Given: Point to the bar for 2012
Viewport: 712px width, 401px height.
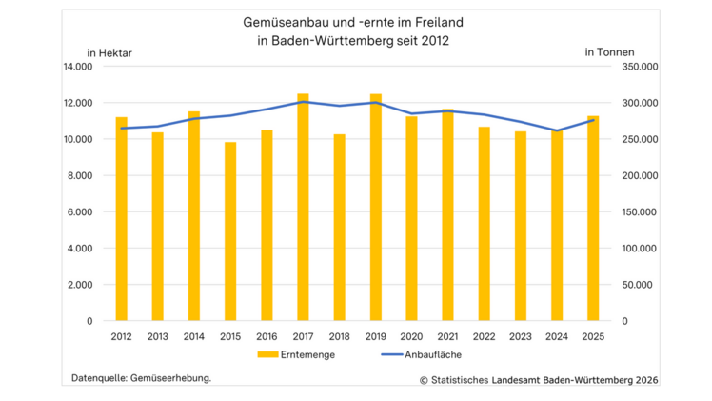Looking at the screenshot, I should coord(122,219).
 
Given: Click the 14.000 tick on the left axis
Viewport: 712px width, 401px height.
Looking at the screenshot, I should coord(77,67).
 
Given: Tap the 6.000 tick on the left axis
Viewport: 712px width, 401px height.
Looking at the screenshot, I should coord(80,211).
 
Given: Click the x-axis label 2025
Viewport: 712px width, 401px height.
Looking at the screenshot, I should coord(593,336).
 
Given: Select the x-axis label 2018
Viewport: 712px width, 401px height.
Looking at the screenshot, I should coord(339,336).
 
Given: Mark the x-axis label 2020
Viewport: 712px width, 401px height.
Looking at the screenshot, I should coord(411,336).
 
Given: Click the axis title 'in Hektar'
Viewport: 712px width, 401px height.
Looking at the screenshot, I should coord(109,51).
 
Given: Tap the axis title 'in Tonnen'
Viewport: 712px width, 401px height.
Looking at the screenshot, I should coord(609,51).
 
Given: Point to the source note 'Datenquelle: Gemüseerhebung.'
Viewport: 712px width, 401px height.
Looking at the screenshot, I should coord(142,378).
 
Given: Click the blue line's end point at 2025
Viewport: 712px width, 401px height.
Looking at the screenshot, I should coord(593,120).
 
